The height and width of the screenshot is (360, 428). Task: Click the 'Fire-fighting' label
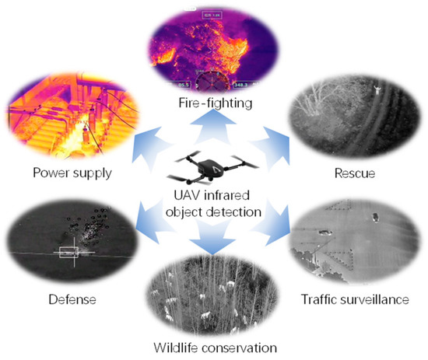[x=215, y=103]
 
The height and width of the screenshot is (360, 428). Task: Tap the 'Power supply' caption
[x=72, y=173]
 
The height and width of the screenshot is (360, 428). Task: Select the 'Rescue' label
[x=355, y=173]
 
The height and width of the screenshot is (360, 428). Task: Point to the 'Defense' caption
[x=72, y=299]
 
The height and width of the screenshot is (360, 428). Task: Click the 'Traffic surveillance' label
[x=355, y=299]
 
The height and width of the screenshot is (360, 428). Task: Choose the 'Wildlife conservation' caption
[x=215, y=348]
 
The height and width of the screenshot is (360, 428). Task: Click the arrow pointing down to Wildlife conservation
[x=212, y=236]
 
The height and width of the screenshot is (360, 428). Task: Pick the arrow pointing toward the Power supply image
[x=149, y=147]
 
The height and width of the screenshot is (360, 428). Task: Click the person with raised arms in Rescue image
[x=377, y=90]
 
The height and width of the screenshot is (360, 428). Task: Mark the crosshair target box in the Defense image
[x=68, y=252]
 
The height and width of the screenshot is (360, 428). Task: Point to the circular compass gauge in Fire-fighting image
[x=212, y=82]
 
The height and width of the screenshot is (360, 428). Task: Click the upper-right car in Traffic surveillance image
[x=376, y=217]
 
